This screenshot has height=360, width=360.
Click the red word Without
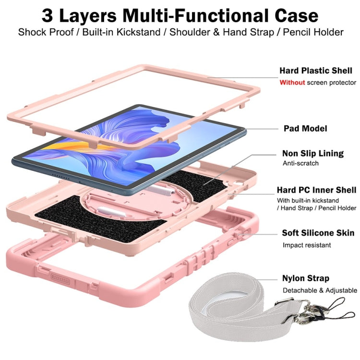[292, 83]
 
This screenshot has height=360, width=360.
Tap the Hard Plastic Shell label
[315, 71]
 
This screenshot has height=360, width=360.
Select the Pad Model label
[305, 129]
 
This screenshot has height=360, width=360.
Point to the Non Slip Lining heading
[312, 154]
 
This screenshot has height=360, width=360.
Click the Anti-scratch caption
[300, 164]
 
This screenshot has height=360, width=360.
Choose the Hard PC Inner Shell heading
[316, 190]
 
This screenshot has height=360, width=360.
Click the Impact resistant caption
[306, 245]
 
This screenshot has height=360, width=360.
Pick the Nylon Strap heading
[305, 278]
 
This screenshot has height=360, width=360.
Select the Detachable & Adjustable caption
[320, 290]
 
